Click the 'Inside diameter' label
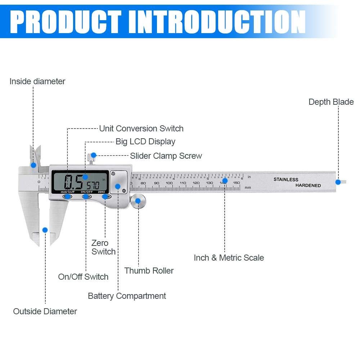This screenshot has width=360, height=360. (x=37, y=81)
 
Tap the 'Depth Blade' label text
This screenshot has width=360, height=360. (x=331, y=102)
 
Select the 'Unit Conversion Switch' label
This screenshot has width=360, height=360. (x=141, y=129)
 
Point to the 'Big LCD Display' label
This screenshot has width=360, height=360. (x=145, y=141)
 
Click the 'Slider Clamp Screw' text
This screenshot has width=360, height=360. (x=166, y=156)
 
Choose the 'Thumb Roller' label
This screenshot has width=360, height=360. (x=149, y=271)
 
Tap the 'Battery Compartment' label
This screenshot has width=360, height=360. (x=127, y=296)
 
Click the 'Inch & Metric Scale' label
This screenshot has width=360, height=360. (x=229, y=258)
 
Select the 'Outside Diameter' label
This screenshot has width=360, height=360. (x=45, y=311)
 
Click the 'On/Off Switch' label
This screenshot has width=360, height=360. (x=83, y=277)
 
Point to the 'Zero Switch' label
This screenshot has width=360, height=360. (x=103, y=247)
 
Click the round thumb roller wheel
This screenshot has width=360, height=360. (x=138, y=201)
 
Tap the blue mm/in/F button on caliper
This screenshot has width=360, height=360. (x=67, y=196)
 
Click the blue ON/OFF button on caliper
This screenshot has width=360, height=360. (x=86, y=196)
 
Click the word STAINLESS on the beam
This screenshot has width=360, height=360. (x=286, y=179)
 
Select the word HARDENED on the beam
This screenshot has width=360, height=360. (x=308, y=185)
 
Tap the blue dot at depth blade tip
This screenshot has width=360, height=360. (x=338, y=182)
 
